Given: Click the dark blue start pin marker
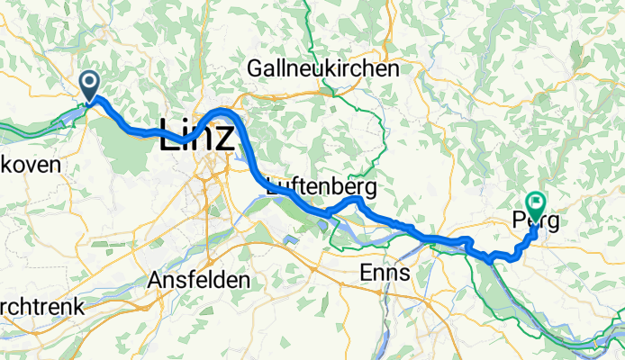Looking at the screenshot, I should click(x=91, y=86).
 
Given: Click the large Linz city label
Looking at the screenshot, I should click(x=197, y=134).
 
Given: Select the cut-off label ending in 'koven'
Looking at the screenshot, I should click(x=30, y=165).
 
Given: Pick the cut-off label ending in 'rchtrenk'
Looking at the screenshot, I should click(x=41, y=307).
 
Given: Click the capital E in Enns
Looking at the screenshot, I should click(x=366, y=272).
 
